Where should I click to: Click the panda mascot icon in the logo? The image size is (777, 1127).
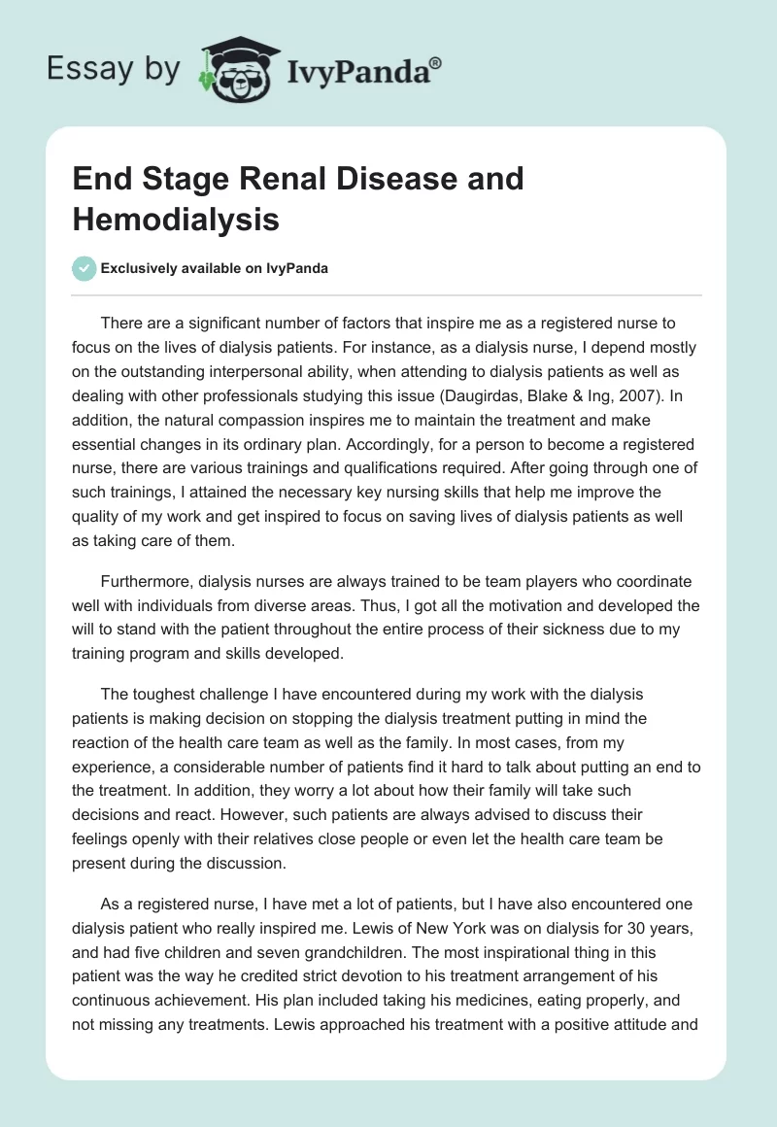coord(234,68)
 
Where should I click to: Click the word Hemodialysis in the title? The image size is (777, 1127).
coord(176,219)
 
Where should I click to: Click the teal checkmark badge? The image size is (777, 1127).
coord(84,268)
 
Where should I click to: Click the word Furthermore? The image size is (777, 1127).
coord(148,581)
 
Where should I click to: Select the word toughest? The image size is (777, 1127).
coord(163,695)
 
